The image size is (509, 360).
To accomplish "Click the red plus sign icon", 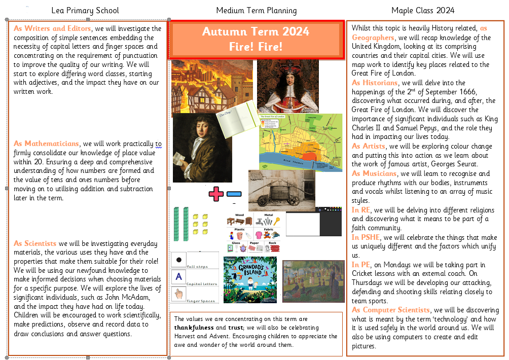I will [x=216, y=194].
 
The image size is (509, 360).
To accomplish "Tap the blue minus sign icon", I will [x=234, y=194].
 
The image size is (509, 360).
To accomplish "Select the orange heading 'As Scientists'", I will [x=35, y=243].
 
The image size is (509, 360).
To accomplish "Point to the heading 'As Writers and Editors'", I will [x=52, y=28].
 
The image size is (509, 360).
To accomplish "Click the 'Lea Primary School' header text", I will [x=85, y=10].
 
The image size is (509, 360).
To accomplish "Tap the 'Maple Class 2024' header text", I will [x=423, y=10].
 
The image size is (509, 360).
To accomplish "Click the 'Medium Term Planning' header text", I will [x=257, y=10].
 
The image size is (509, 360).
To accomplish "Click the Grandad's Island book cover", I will [x=250, y=279].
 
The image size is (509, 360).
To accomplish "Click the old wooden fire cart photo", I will [x=281, y=190].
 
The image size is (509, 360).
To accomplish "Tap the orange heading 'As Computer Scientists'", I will [x=391, y=310].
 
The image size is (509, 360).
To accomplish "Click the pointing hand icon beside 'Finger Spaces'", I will [x=178, y=293].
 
